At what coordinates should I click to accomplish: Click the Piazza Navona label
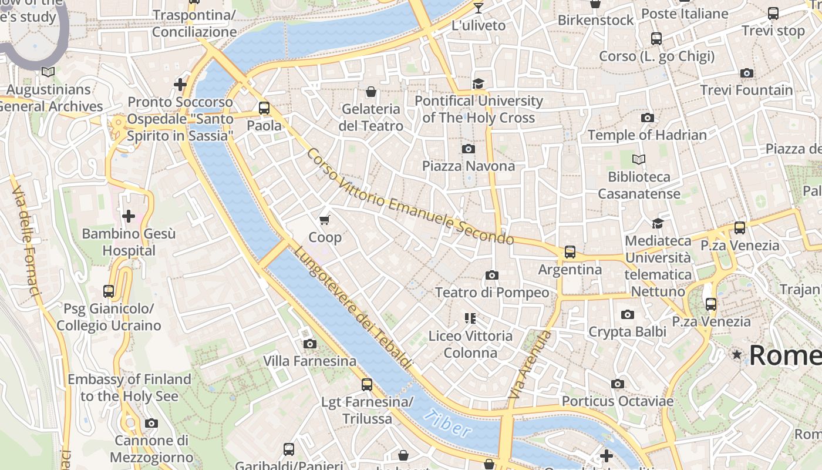click(x=469, y=166)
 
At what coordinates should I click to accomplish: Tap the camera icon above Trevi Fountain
click(x=747, y=73)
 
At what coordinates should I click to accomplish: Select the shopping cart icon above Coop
click(x=324, y=220)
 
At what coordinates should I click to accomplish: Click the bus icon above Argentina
click(x=570, y=252)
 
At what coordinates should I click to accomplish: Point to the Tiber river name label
click(x=447, y=424)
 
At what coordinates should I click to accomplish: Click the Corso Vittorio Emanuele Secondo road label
click(x=409, y=197)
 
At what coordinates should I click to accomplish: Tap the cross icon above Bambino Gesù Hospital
click(x=129, y=216)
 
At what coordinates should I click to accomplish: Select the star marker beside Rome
click(x=736, y=354)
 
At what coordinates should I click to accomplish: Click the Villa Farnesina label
click(x=309, y=361)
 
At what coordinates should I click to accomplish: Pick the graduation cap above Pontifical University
click(x=479, y=83)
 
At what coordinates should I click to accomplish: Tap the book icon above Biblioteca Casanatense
click(x=639, y=159)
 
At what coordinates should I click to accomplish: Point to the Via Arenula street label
click(x=530, y=365)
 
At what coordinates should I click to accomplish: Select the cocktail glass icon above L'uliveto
click(x=479, y=8)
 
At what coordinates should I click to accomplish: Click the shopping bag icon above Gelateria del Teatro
click(x=371, y=92)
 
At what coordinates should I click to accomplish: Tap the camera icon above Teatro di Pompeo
click(x=492, y=275)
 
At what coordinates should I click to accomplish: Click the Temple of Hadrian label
click(x=647, y=135)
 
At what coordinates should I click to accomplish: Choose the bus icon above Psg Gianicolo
click(x=109, y=291)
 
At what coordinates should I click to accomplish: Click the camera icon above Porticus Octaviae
click(x=617, y=384)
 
